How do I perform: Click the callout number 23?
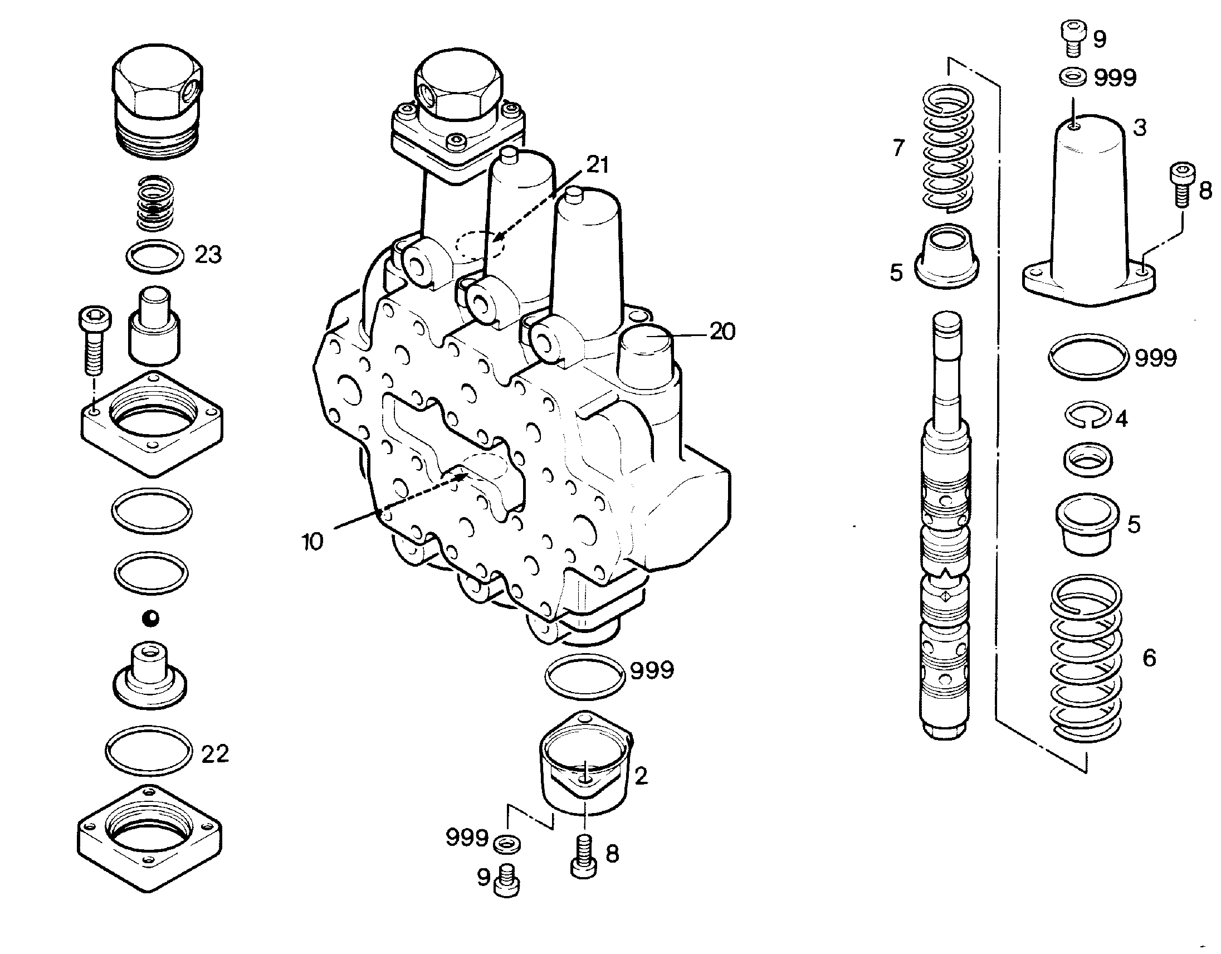pos(208,255)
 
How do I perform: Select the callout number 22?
pos(215,755)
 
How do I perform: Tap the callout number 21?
pos(597,165)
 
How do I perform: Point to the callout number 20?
pos(722,332)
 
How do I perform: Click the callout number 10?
pos(312,541)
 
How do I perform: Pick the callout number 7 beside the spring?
pos(898,148)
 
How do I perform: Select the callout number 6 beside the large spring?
pos(1150,658)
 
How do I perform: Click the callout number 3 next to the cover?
pos(1140,128)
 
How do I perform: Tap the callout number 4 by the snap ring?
pos(1121,418)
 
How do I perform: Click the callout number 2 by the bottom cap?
pos(641,776)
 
